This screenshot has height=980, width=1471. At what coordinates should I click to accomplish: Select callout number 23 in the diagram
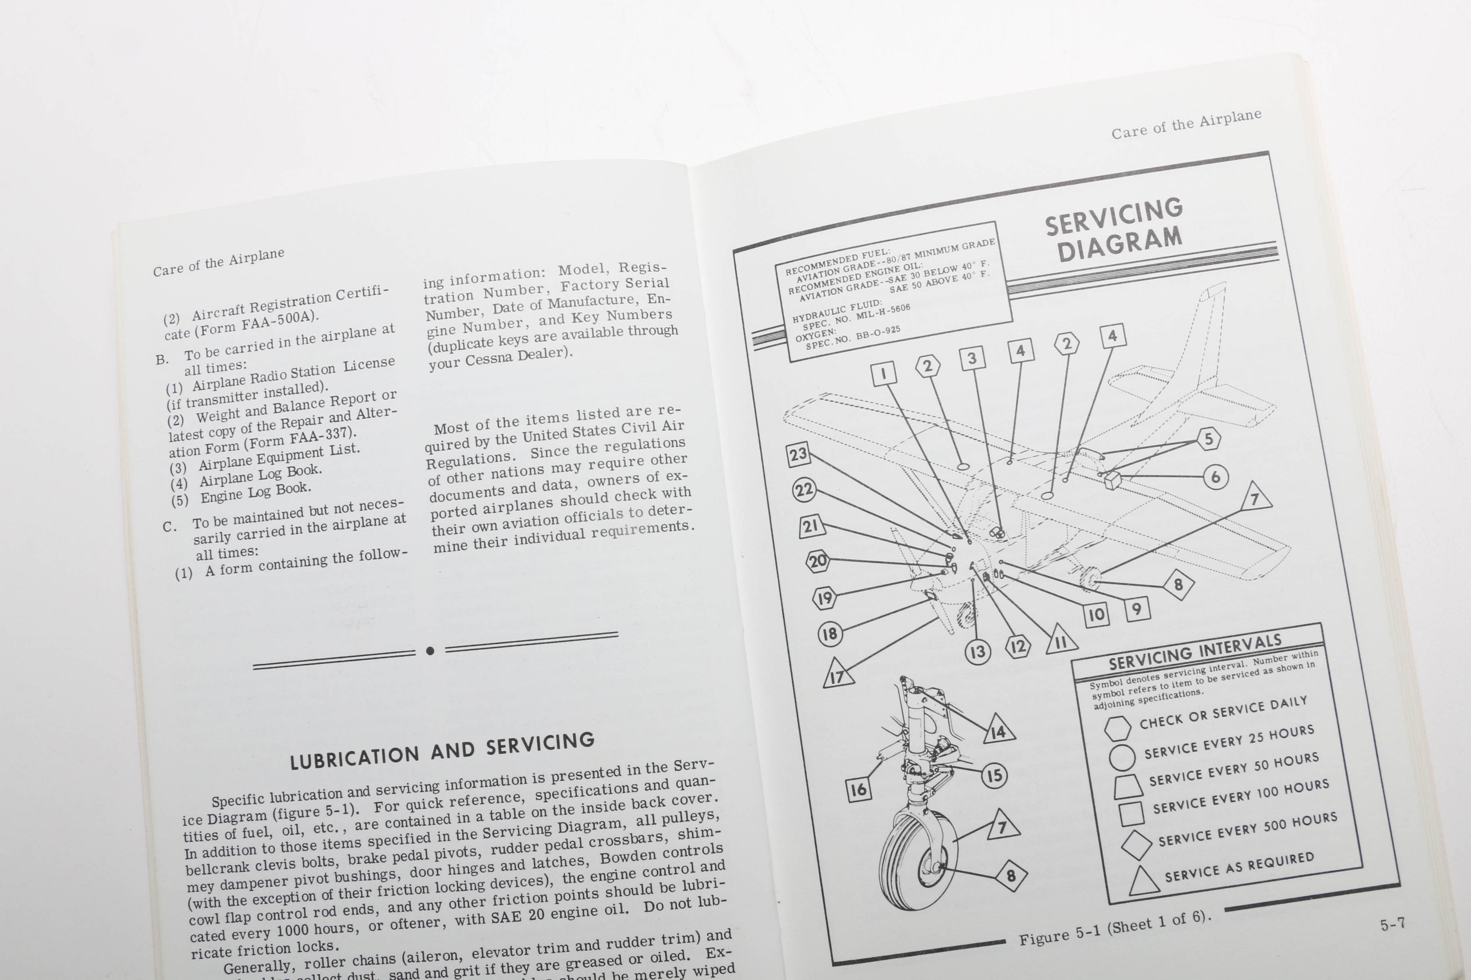point(798,455)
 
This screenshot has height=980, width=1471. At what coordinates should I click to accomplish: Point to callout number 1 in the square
point(883,374)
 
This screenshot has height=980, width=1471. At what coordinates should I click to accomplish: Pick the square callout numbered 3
point(972,358)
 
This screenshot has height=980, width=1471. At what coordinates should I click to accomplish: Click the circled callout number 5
point(1208,439)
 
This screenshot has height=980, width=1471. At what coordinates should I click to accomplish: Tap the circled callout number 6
point(1215,478)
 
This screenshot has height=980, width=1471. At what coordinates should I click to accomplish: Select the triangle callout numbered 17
point(838,675)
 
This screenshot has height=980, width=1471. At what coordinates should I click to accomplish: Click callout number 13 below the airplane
point(977,652)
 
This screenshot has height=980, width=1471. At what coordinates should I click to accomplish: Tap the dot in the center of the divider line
point(430,651)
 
